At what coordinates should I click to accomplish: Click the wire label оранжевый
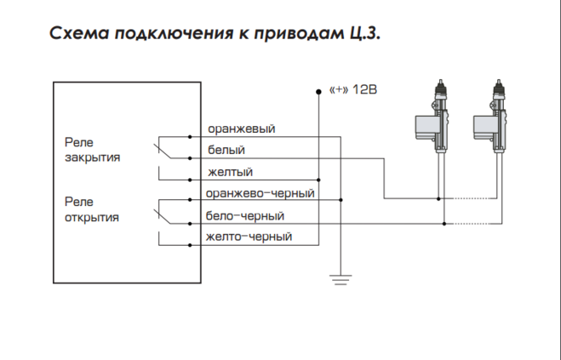pos(241,129)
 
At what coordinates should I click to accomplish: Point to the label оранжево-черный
pos(260,194)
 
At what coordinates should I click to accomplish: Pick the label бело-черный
pos(245,216)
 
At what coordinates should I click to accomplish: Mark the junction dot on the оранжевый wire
pos(341,136)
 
